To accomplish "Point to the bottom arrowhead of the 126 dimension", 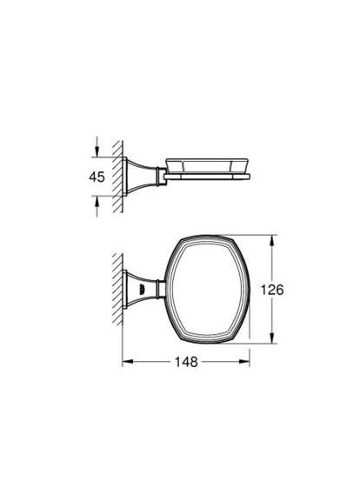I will point(275,340).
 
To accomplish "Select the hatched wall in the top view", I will point(118,288).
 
